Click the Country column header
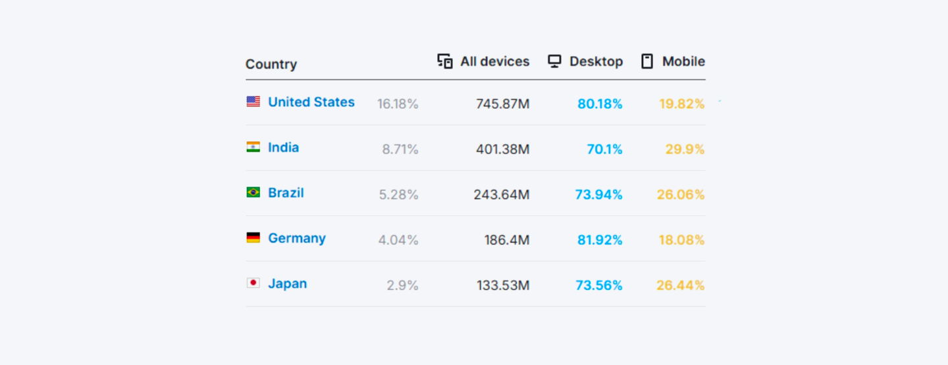point(271,65)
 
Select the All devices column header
point(494,62)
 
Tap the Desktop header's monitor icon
point(554,62)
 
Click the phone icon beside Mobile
point(647,62)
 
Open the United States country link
point(311,102)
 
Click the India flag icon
point(253,147)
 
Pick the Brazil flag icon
point(253,192)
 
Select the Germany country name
point(297,239)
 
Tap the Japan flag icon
point(253,283)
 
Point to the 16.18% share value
point(398,104)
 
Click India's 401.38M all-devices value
point(502,150)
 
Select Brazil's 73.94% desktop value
point(599,195)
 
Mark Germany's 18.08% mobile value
point(681,240)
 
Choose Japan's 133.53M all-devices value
point(503,286)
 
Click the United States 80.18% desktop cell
point(600,104)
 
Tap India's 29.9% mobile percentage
point(685,150)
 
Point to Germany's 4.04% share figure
point(398,240)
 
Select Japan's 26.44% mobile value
point(680,286)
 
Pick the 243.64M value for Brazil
point(501,195)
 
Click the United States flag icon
point(253,101)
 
